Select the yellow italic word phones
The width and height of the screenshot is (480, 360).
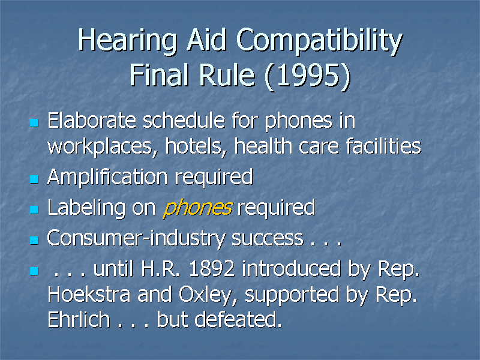[197, 208]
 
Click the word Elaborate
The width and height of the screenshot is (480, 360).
[92, 121]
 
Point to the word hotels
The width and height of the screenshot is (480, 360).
[194, 146]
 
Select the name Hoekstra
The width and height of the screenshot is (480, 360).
[89, 295]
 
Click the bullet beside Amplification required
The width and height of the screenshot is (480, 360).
[34, 179]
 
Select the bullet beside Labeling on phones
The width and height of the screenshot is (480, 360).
[34, 209]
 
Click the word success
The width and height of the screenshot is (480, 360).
[267, 239]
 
